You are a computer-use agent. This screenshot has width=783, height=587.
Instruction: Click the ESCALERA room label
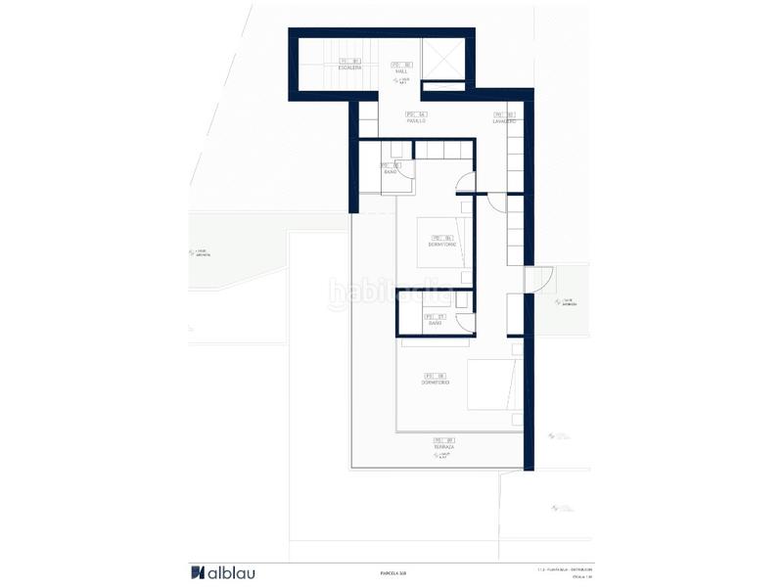tap(349, 68)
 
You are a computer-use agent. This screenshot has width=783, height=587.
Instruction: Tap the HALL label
tap(401, 69)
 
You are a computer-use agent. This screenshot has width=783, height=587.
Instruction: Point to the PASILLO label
tap(417, 120)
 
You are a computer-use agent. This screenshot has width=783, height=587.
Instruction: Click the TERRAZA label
tap(444, 447)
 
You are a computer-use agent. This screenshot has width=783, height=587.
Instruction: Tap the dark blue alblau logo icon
tap(197, 572)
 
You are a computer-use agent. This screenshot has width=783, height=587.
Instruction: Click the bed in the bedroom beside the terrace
tap(491, 384)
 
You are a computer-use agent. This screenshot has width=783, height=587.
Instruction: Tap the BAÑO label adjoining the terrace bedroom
tap(435, 322)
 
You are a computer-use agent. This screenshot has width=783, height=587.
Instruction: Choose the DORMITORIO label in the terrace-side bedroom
tap(435, 382)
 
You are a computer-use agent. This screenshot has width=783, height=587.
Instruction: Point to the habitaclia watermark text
tap(389, 291)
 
